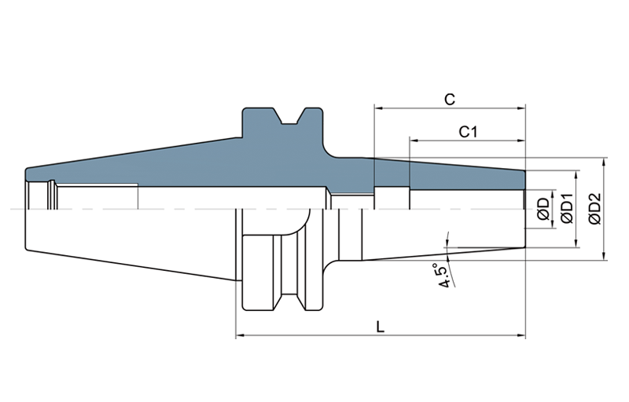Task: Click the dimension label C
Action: coord(450,99)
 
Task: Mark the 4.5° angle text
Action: coord(445,276)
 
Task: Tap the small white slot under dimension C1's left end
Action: coord(391,198)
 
